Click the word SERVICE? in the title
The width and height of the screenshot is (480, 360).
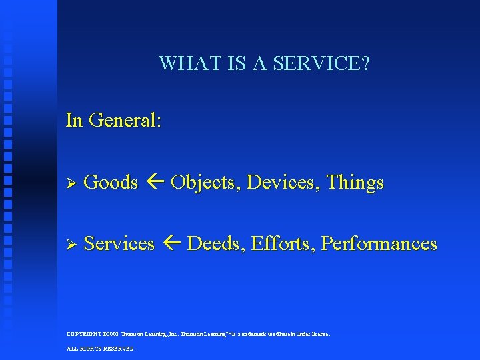(x=329, y=64)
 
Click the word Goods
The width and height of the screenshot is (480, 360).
(x=111, y=182)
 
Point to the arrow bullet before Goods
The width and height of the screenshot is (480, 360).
(x=73, y=183)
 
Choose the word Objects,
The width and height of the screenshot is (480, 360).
(x=206, y=182)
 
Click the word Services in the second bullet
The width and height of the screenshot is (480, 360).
(x=119, y=243)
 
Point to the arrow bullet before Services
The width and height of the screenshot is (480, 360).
(x=73, y=244)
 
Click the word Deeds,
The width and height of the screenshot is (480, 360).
(x=217, y=243)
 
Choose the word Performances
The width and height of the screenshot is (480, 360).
(x=379, y=243)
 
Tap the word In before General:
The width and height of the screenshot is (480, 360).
(x=74, y=121)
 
